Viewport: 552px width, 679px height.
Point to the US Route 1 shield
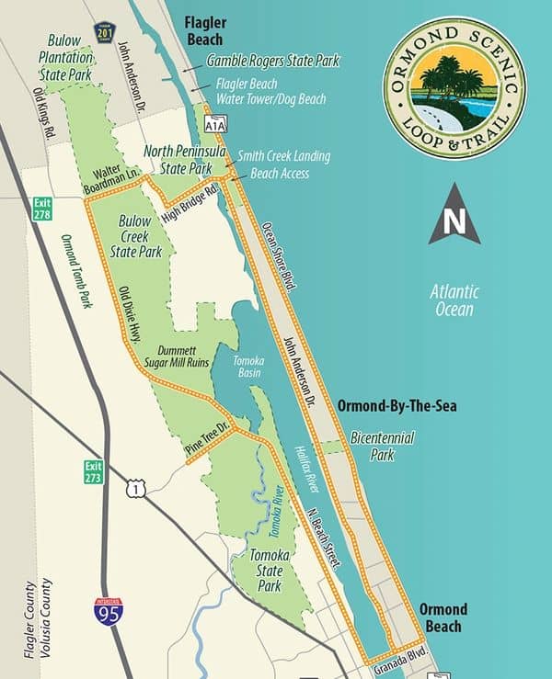[135, 490]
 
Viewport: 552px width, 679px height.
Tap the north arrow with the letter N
[454, 215]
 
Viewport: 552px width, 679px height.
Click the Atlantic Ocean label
[454, 300]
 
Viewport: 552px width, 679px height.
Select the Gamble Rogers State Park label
[273, 62]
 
